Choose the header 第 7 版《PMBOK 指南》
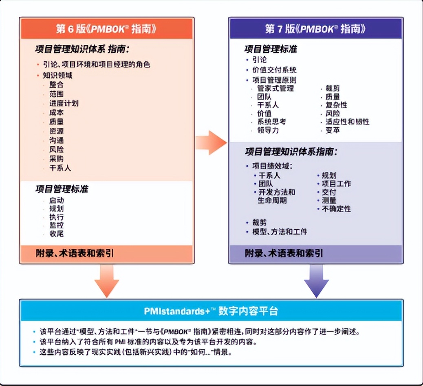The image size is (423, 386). click(x=315, y=29)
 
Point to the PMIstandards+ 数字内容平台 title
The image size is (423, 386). click(x=211, y=311)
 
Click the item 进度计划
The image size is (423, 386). click(x=64, y=103)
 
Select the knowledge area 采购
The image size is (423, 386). click(x=56, y=159)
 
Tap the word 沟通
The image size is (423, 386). click(x=56, y=140)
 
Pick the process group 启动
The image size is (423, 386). click(x=56, y=200)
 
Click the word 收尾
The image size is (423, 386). click(x=56, y=234)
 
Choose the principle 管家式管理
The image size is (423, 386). click(x=275, y=88)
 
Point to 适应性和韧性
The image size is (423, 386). click(x=347, y=122)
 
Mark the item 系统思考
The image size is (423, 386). click(x=271, y=122)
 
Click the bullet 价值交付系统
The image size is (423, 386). click(x=274, y=70)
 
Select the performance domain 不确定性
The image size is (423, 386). click(x=336, y=209)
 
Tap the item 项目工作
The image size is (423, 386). click(x=336, y=184)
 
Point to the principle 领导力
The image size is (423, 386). click(x=268, y=131)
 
